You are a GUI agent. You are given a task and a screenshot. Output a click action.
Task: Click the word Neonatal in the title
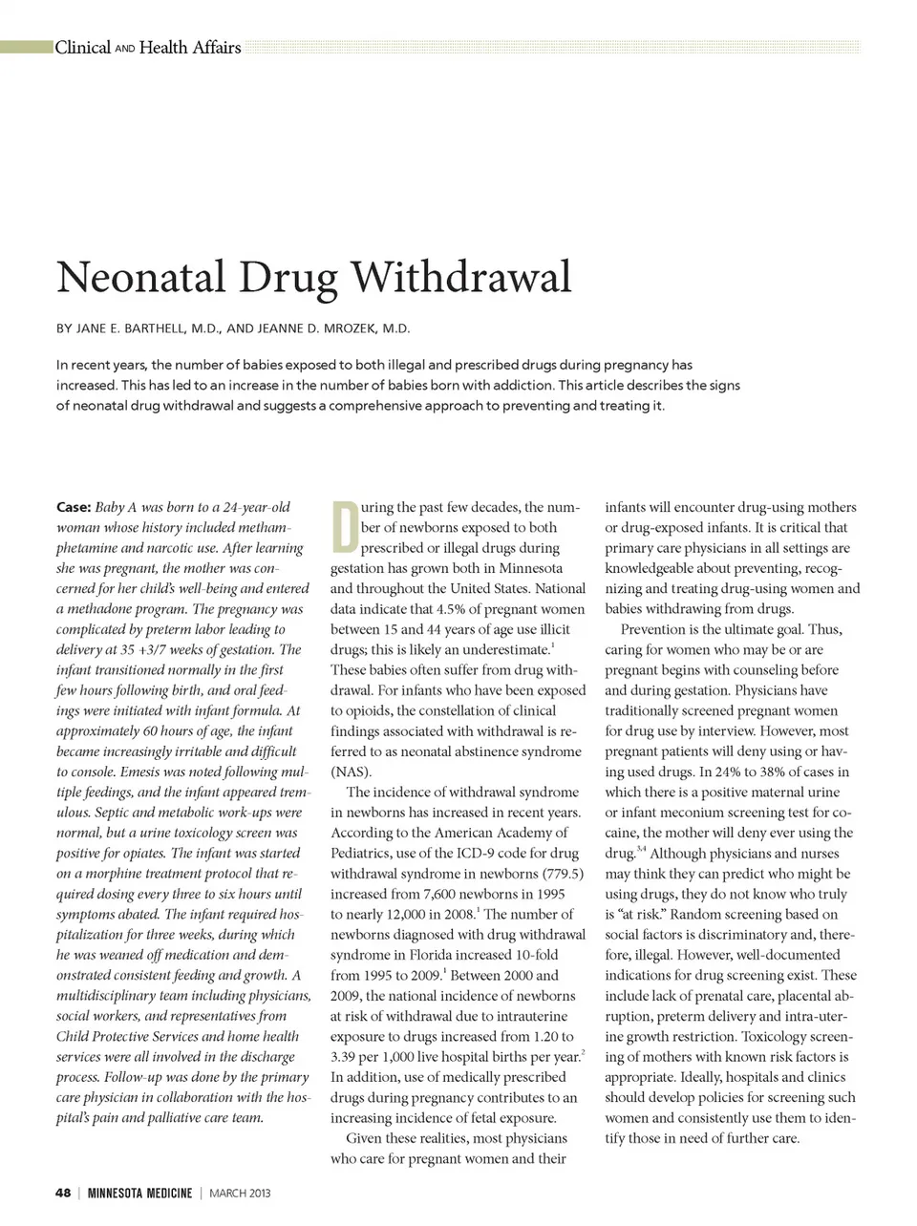click(141, 278)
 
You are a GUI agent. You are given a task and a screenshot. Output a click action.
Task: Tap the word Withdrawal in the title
click(461, 278)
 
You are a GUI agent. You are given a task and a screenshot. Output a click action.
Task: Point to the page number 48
click(63, 1193)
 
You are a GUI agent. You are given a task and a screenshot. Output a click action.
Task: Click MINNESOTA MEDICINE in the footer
click(139, 1193)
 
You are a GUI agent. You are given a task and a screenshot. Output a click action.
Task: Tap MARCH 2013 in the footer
click(240, 1193)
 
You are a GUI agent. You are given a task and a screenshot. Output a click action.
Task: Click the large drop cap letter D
click(344, 526)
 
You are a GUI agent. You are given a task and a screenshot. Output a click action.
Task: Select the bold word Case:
click(74, 507)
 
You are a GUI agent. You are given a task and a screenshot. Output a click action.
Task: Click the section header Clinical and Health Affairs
click(148, 47)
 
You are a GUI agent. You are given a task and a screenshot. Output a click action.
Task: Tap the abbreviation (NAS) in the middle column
click(352, 772)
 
